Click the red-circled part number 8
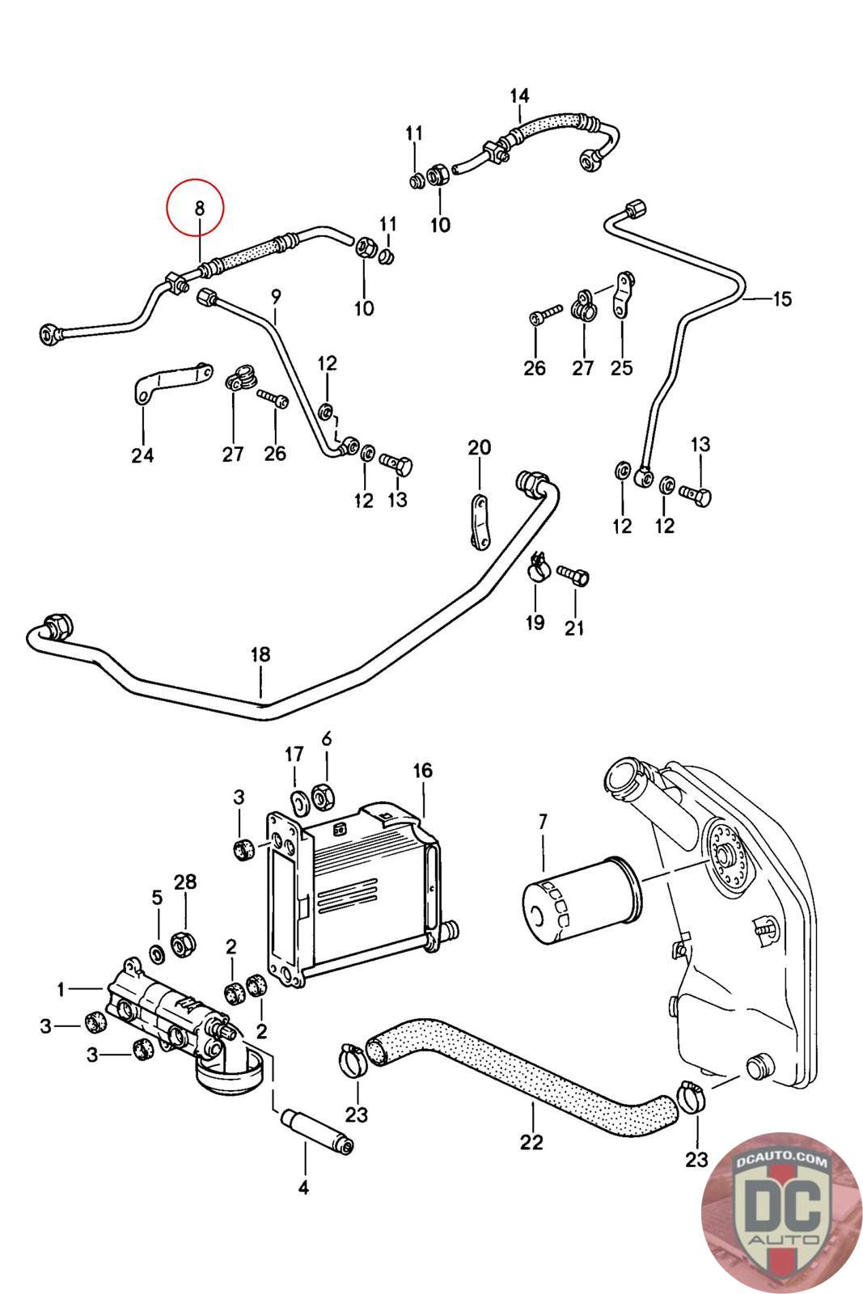tap(198, 208)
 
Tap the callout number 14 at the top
tap(519, 95)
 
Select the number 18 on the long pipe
tap(260, 654)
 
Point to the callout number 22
tap(532, 1141)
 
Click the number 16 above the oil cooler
tap(423, 770)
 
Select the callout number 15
tap(782, 298)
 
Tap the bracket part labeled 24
tap(171, 380)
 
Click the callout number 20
tap(479, 447)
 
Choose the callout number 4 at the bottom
tap(305, 1187)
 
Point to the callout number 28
tap(185, 881)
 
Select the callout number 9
tap(275, 296)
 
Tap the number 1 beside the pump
tap(61, 988)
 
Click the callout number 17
tap(294, 755)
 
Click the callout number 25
tap(621, 367)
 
